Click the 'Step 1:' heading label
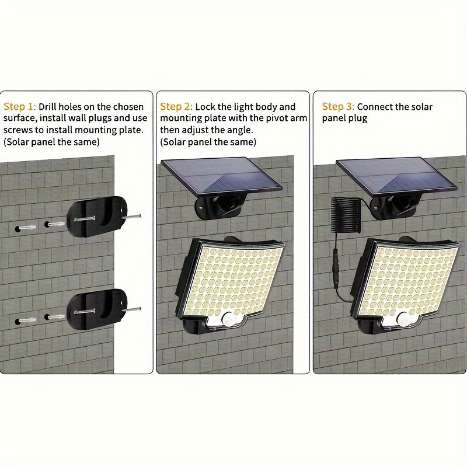[x=20, y=107]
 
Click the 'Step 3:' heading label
[x=338, y=107]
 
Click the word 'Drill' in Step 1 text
[x=50, y=107]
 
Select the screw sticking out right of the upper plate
[x=133, y=217]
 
